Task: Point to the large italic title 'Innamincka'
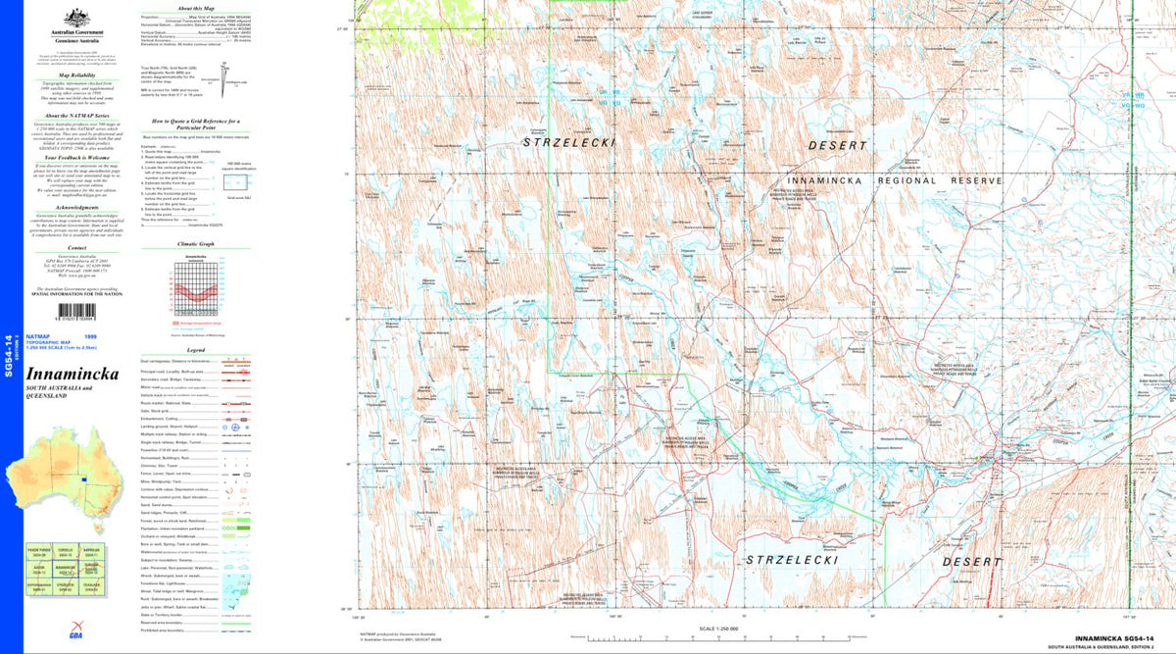tap(73, 375)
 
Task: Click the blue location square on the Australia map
tap(85, 479)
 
